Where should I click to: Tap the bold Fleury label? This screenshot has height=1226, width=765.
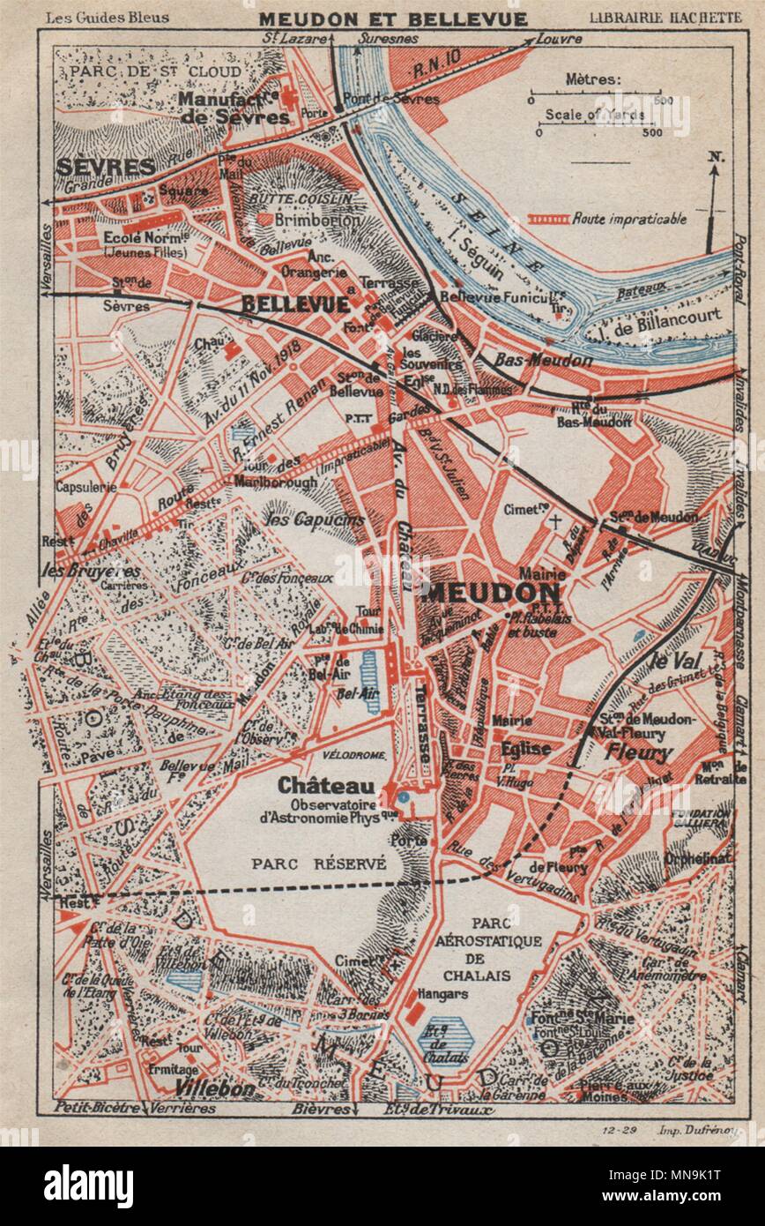638,752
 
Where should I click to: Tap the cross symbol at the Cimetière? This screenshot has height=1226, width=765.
554,520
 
